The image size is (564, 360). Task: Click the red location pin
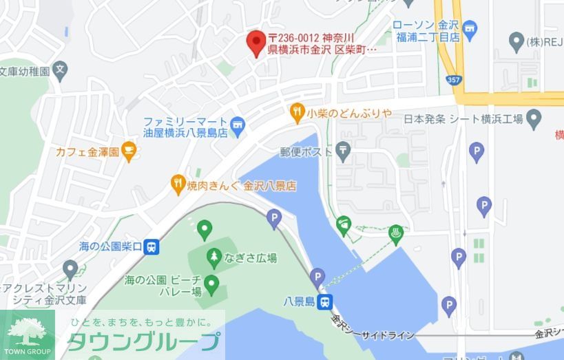[257, 43]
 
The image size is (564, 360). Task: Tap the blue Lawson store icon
[470, 28]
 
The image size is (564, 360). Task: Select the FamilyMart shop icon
[238, 124]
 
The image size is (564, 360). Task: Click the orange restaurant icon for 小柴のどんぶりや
[297, 111]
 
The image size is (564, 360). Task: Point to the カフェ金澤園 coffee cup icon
[129, 150]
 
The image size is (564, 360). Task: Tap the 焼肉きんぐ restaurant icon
[178, 183]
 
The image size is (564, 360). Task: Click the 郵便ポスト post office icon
[343, 150]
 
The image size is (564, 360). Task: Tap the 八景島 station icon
[325, 301]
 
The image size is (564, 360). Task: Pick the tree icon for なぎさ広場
[213, 258]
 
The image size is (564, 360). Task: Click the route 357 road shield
[453, 81]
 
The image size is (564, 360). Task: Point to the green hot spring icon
[395, 232]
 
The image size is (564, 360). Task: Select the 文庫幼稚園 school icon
[61, 70]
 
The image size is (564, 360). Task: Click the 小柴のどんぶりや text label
[349, 112]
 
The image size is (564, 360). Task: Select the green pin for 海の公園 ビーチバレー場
[211, 283]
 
